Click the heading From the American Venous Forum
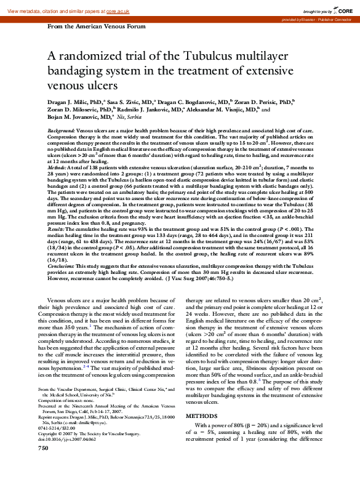(97, 27)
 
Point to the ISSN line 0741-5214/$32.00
(62, 445)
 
